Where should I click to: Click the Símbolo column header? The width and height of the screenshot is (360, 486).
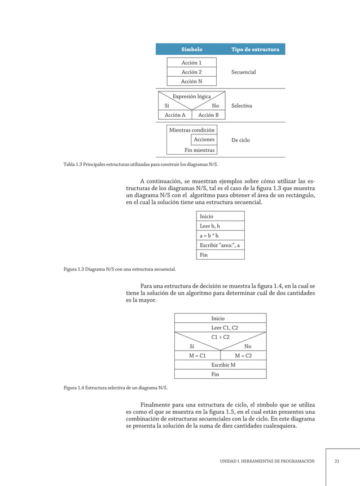click(191, 50)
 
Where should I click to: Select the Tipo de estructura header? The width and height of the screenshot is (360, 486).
click(255, 50)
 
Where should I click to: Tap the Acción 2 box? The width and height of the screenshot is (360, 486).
click(191, 72)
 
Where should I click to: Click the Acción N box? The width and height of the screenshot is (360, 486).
click(191, 81)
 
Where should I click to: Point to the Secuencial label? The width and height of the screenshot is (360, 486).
click(243, 72)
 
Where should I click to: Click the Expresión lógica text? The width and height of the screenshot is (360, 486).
click(191, 97)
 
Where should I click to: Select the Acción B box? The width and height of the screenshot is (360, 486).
click(208, 115)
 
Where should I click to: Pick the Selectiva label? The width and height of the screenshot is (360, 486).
click(242, 106)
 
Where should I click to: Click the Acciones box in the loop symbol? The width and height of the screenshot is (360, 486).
click(204, 139)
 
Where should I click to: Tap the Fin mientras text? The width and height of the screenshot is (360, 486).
click(199, 150)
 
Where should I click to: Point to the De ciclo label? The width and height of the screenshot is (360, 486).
click(240, 140)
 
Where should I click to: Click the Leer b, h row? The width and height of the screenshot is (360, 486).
click(221, 226)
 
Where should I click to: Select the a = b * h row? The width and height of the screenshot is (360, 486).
click(221, 235)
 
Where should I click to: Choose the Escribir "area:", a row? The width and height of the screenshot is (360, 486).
click(221, 245)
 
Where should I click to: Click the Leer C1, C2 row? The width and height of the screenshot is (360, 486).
click(220, 327)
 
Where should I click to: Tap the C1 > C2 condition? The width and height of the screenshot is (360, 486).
click(220, 337)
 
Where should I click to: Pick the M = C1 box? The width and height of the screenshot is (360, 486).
click(197, 356)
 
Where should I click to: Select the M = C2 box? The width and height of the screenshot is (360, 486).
click(243, 356)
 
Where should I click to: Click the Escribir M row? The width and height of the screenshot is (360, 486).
click(220, 365)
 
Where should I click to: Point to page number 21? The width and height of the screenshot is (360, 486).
click(337, 461)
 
